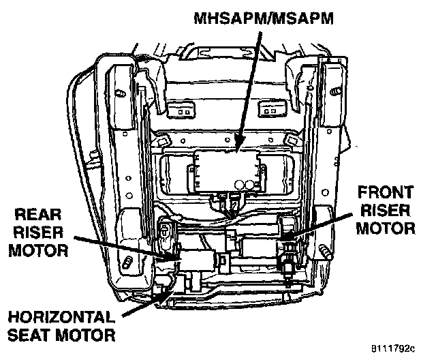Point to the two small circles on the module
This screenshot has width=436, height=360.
click(x=245, y=183)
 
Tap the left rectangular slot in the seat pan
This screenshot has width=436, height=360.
click(x=180, y=107)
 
